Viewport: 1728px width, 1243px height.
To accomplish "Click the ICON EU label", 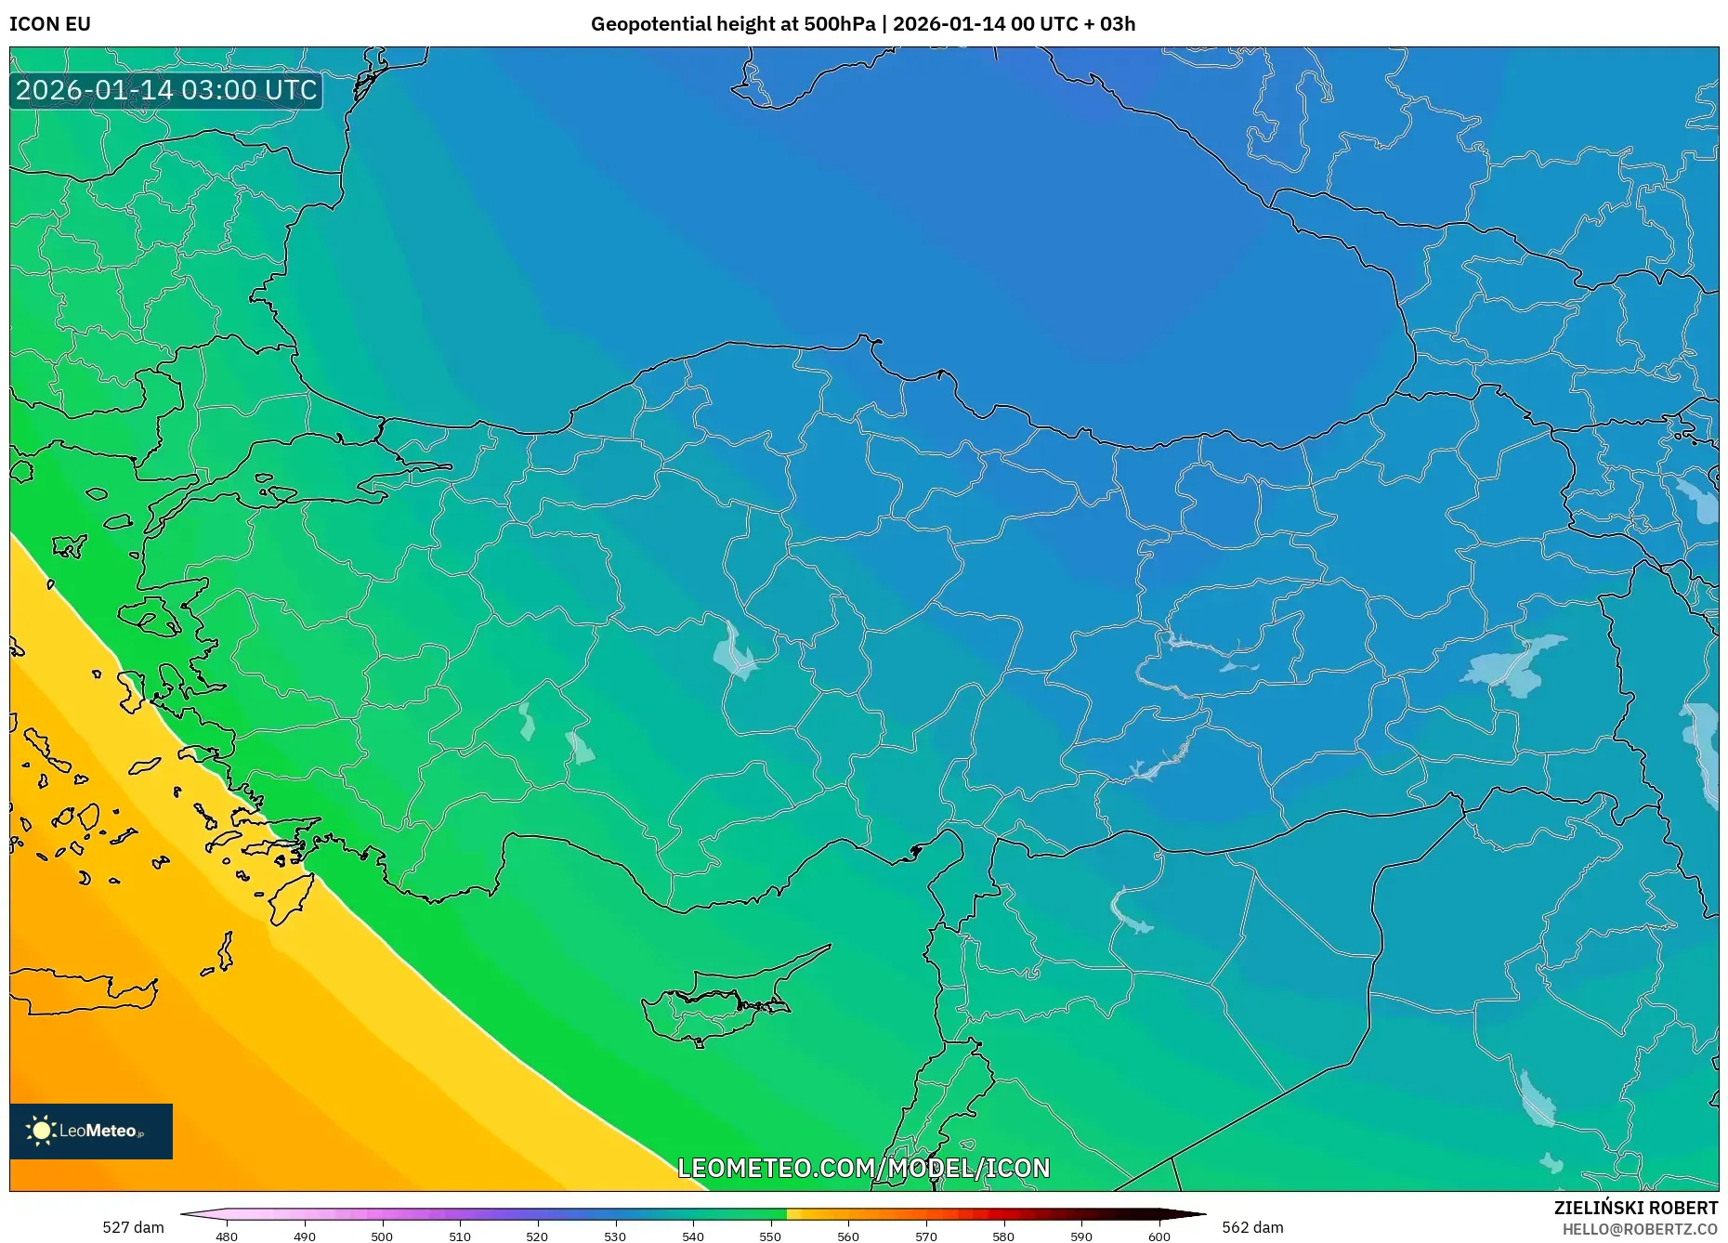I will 50,24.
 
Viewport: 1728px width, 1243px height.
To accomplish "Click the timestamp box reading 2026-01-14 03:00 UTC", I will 166,90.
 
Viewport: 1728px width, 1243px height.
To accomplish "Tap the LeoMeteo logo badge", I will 91,1131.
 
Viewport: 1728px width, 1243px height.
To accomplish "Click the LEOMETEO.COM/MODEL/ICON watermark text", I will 863,1168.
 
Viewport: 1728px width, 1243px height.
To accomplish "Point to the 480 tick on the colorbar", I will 227,1236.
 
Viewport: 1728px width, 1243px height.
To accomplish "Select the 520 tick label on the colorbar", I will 537,1236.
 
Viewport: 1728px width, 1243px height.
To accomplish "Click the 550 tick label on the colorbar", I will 770,1236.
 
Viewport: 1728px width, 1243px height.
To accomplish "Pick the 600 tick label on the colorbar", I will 1159,1236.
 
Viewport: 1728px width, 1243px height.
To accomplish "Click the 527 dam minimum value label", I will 133,1227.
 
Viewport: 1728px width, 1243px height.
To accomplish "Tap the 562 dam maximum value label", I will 1252,1227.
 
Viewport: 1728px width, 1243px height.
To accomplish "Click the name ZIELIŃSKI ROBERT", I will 1635,1208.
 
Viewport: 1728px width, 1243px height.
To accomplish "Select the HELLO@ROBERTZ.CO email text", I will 1640,1229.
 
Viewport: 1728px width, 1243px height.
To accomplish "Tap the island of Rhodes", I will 292,896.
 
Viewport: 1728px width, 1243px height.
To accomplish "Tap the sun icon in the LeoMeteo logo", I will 42,1131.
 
